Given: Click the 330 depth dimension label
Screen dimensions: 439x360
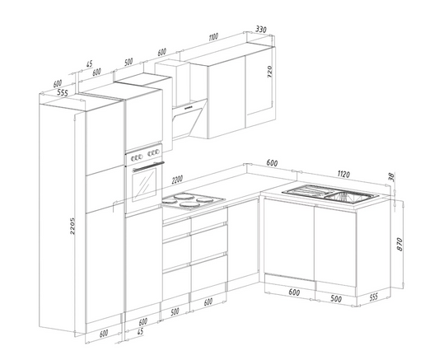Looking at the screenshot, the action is tap(261, 29).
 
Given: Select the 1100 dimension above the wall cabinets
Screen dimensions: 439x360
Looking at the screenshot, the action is tap(213, 37).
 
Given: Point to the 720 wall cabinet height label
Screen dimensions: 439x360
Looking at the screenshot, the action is tap(269, 72).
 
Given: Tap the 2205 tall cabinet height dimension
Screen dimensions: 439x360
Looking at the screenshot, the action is tap(72, 226).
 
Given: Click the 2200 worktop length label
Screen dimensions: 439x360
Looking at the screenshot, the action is tap(177, 179).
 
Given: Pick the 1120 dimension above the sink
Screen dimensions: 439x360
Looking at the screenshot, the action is tap(343, 174).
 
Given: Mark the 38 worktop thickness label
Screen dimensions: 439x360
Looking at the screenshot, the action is tap(391, 177).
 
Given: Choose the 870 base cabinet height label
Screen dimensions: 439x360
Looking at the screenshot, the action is tap(399, 244).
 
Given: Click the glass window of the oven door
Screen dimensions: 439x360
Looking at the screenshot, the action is tap(144, 185).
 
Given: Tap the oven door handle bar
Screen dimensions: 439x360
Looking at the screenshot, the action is tap(148, 166).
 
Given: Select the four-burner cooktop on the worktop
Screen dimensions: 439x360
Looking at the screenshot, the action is tap(194, 201).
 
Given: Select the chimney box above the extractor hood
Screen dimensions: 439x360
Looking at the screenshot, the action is tap(172, 83).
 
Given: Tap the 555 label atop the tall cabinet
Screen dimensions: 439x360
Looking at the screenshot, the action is tap(62, 92).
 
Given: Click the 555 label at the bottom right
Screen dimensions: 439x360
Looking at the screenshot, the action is tap(373, 297).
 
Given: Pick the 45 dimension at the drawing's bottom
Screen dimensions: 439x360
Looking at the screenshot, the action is tap(140, 332).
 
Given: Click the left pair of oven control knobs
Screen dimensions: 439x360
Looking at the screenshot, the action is tap(137, 157).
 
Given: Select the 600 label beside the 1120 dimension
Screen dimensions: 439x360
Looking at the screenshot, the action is tap(272, 162).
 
